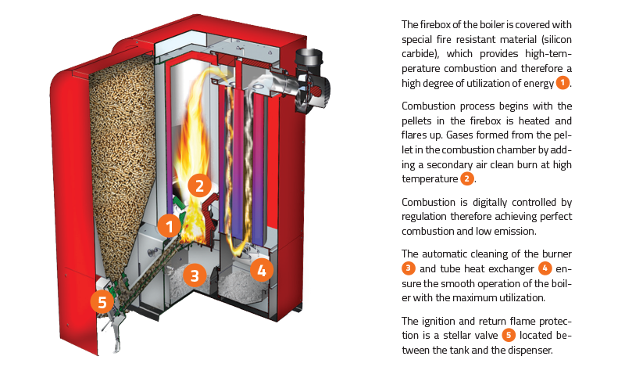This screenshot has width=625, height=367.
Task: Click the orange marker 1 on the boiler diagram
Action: [170, 226]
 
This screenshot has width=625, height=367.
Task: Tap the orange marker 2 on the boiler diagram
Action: [199, 185]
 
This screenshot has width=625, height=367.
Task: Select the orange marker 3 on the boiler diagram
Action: [195, 275]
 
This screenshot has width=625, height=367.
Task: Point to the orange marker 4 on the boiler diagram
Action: [262, 270]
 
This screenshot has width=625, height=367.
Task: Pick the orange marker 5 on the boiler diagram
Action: [102, 301]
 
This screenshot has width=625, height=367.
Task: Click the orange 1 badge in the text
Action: [562, 83]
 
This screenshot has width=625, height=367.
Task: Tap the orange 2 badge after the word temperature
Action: [466, 178]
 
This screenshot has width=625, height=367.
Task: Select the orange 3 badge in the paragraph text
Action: [408, 268]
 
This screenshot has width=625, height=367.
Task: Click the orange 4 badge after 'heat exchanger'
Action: [545, 268]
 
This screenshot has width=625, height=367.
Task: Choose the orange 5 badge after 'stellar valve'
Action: [509, 335]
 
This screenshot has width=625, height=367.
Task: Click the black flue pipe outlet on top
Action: [309, 58]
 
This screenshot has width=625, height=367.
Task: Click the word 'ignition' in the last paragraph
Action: [440, 322]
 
